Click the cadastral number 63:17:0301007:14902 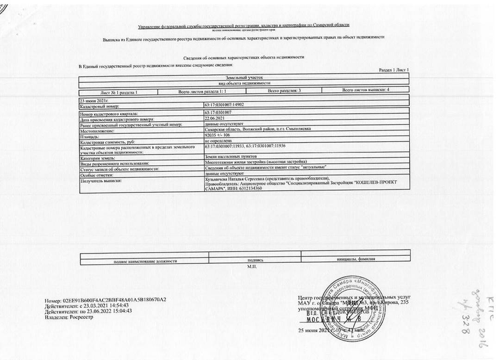224,105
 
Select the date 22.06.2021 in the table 213,119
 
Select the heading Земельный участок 244,78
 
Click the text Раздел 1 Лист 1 394,70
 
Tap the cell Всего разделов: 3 284,91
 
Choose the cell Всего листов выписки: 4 365,90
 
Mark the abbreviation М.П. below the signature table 252,267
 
